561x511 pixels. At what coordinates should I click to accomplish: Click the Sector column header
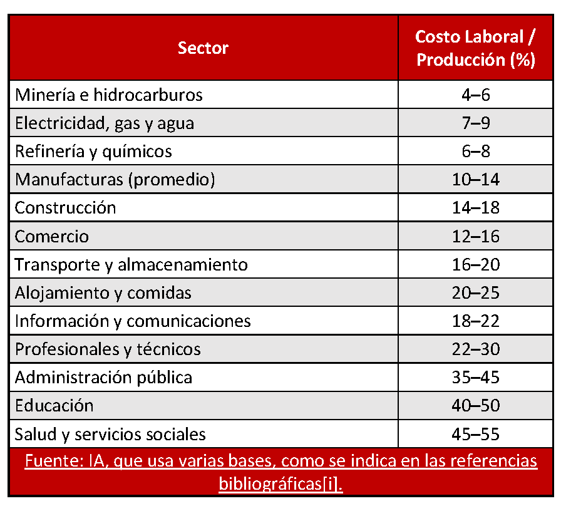[203, 48]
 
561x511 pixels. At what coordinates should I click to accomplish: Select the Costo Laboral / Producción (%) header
[476, 48]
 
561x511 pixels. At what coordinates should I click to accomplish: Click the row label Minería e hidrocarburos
[109, 95]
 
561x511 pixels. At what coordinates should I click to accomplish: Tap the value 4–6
[476, 95]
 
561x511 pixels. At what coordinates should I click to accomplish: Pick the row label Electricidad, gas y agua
[105, 123]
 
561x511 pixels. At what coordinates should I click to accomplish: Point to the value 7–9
[476, 123]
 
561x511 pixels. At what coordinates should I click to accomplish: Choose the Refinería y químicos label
[93, 152]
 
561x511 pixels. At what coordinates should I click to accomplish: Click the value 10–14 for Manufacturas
[476, 180]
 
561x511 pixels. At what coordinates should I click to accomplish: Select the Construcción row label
[66, 208]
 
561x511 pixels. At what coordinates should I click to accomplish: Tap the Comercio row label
[52, 237]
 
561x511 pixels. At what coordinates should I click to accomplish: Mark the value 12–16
[476, 237]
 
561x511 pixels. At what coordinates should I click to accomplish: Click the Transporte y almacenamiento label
[131, 265]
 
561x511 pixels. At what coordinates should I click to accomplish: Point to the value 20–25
[476, 293]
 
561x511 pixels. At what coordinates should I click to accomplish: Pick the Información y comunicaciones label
[133, 321]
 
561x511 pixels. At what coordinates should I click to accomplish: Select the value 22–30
[476, 349]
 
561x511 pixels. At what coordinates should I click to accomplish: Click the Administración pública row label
[104, 378]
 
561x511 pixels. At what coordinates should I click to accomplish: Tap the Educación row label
[54, 406]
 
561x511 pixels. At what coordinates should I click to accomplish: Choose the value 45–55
[476, 434]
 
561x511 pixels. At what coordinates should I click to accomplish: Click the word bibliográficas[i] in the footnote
[280, 484]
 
